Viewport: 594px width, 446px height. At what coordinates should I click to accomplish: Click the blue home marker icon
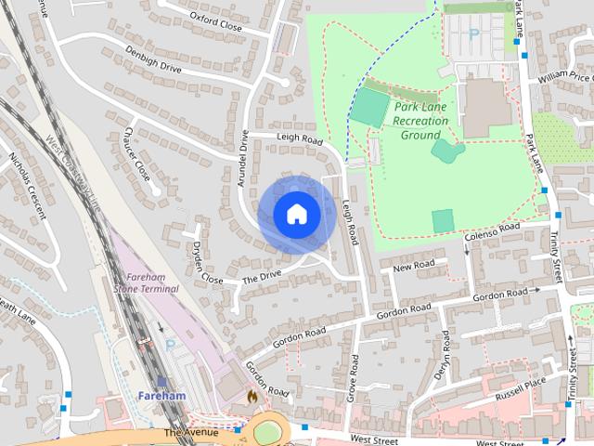coord(296,215)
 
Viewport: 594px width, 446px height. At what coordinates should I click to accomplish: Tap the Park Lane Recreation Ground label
coord(420,121)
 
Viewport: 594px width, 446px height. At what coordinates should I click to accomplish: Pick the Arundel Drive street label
coord(242,159)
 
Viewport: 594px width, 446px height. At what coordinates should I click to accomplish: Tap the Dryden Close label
coord(207,264)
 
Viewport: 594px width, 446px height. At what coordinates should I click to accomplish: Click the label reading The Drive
coord(262,277)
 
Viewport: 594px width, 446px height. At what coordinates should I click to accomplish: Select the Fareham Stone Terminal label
coord(146,282)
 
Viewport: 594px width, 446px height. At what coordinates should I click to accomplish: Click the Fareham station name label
coord(161,396)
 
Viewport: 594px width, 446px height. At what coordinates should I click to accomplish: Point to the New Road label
coord(413,267)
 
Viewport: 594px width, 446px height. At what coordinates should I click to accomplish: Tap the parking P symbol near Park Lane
coord(473,34)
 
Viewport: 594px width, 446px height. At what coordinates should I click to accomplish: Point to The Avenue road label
coord(190,433)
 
